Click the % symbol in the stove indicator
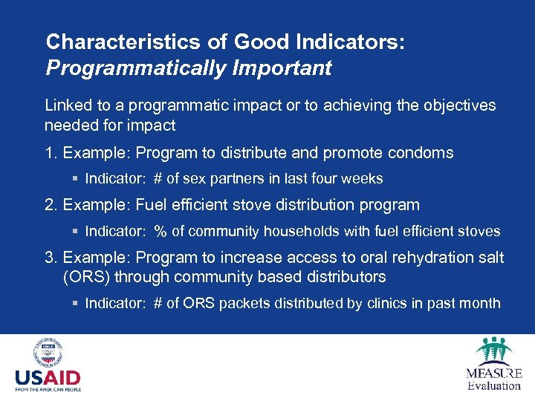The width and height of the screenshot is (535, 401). (x=160, y=232)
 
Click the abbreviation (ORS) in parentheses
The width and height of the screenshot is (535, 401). (x=86, y=277)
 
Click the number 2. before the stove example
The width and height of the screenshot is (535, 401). (x=51, y=204)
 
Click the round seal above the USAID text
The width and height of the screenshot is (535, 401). (x=47, y=353)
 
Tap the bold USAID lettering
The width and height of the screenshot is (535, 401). (x=48, y=378)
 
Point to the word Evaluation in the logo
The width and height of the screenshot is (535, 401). (x=494, y=385)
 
